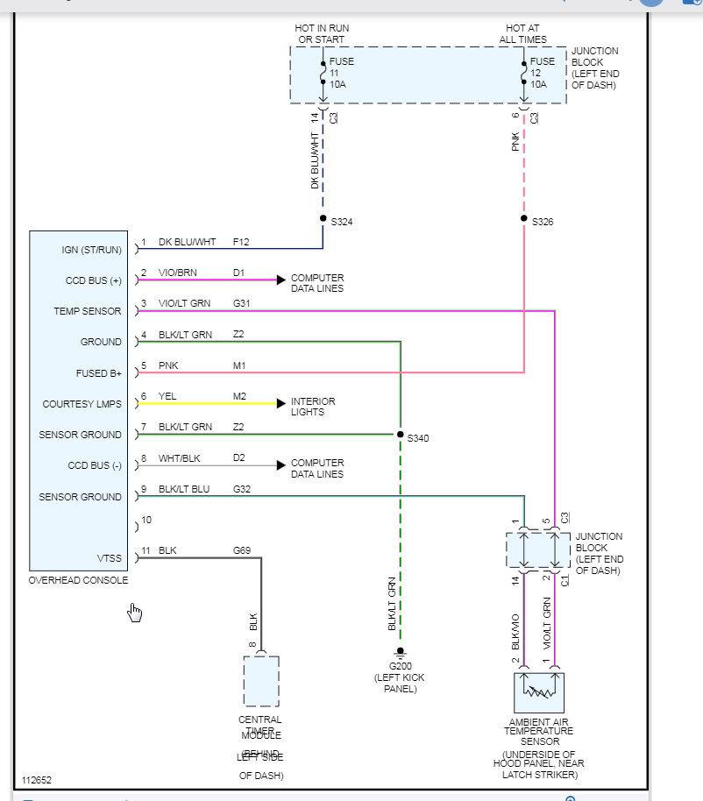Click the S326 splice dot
524,218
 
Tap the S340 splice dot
400,435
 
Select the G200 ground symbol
400,651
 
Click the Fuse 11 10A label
340,73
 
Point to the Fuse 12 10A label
542,73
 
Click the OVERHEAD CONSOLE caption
78,580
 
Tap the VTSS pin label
109,557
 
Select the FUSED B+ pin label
99,373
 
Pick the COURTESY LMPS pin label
82,404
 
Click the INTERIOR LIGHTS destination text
313,407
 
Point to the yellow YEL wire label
167,396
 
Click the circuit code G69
241,550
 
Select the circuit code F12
241,242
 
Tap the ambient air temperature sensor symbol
539,692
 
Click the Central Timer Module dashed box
261,681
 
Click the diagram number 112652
38,779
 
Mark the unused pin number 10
146,521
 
